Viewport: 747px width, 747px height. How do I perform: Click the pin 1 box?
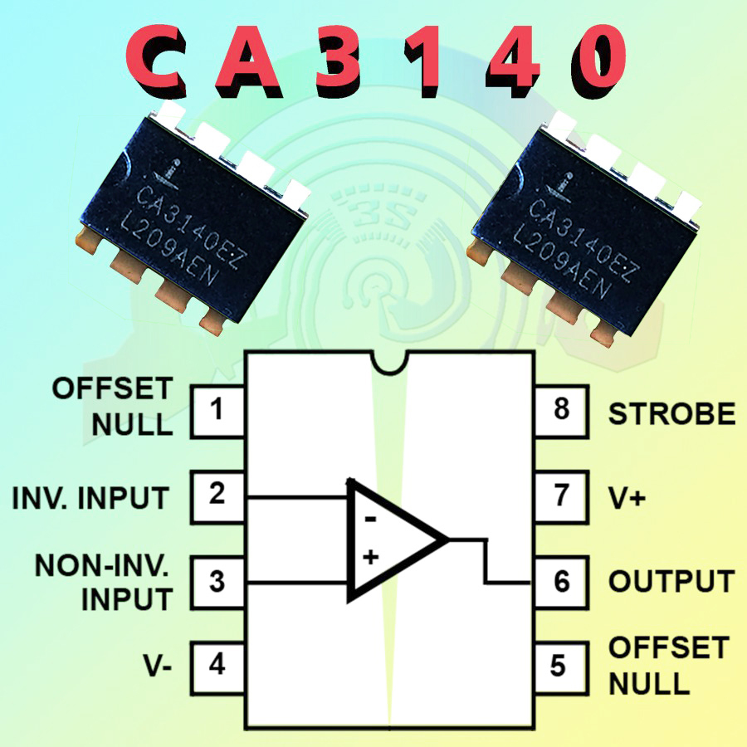[217, 411]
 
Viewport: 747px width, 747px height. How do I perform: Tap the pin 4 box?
[217, 666]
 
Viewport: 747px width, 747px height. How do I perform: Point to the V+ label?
[629, 497]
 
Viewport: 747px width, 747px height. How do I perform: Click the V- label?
[156, 666]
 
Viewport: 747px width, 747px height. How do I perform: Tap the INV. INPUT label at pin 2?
[91, 498]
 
